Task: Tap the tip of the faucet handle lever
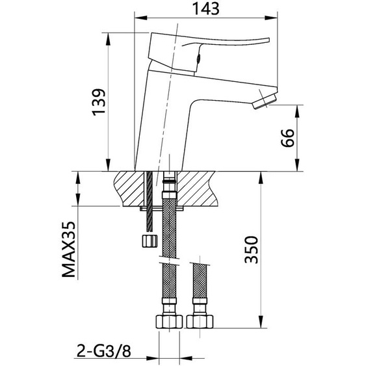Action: pos(265,41)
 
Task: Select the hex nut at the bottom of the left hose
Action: pos(168,320)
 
